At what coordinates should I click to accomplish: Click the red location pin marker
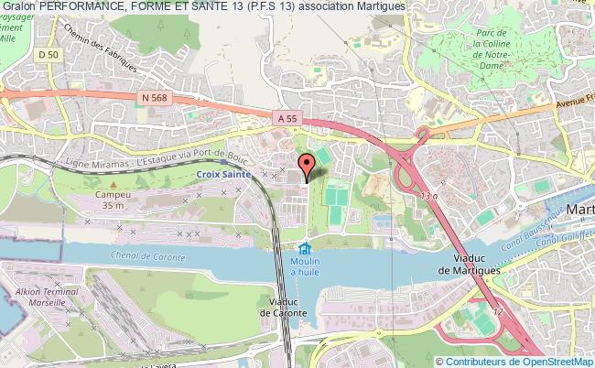point(307,164)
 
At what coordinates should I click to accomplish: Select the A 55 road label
point(286,118)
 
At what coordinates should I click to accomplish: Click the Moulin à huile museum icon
point(305,249)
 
